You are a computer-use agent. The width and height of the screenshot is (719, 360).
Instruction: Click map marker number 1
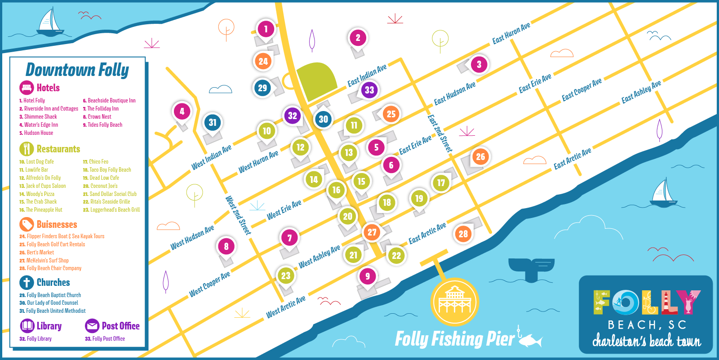[266, 29]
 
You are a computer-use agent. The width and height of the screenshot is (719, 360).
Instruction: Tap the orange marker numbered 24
[263, 62]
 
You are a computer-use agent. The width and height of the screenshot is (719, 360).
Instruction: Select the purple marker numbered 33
[369, 90]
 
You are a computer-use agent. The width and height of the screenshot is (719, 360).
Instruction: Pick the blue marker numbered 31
[213, 122]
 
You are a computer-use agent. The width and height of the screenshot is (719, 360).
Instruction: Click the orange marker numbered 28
[463, 234]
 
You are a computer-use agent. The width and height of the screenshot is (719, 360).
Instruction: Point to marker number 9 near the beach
[368, 276]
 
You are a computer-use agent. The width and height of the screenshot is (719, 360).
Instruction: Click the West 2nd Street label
[238, 215]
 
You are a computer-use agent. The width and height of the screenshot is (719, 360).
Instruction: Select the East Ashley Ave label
[641, 92]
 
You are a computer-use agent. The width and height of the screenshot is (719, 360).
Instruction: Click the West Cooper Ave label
[210, 284]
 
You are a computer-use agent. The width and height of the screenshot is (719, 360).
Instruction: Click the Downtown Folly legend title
[77, 70]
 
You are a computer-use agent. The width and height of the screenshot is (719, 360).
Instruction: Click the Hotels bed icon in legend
[27, 88]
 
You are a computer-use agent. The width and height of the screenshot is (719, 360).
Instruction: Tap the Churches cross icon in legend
[27, 282]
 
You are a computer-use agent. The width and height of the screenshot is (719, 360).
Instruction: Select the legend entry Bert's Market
[40, 253]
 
